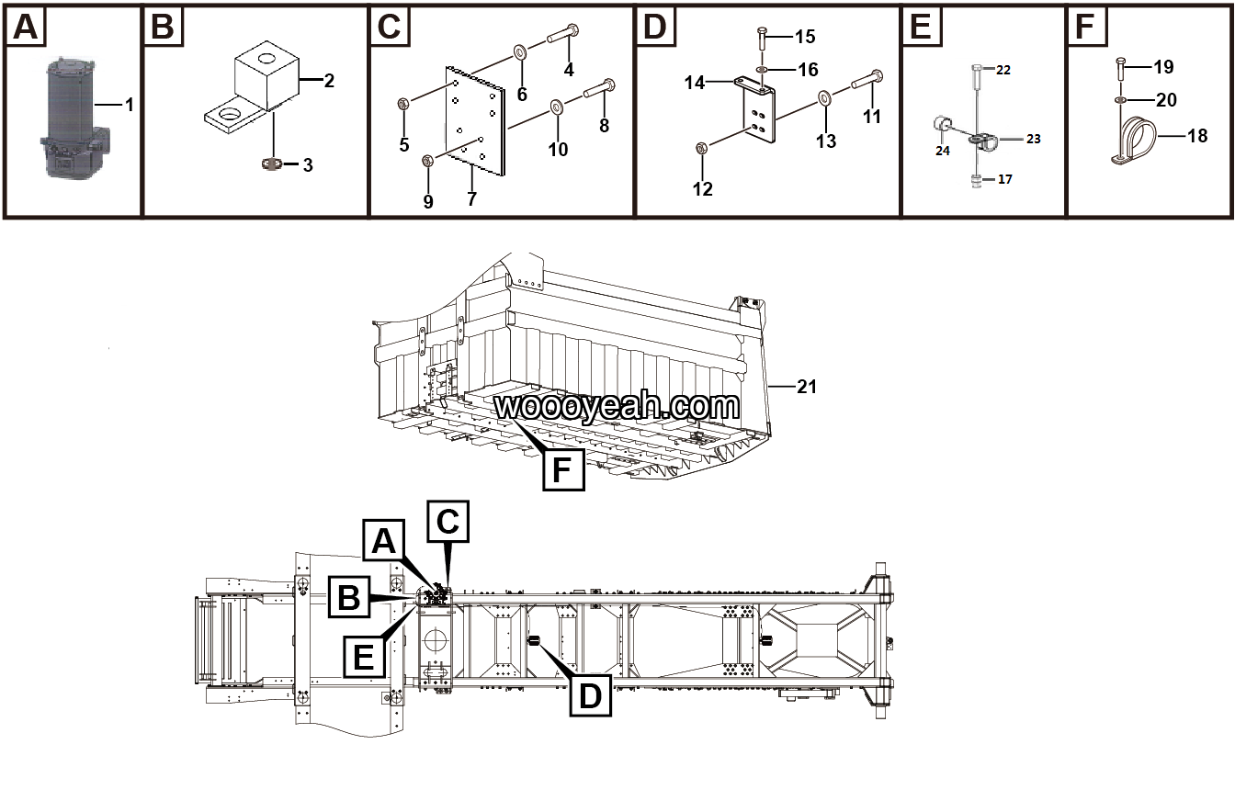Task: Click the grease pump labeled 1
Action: [x=71, y=118]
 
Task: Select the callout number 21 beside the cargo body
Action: [x=806, y=387]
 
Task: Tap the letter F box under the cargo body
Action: [x=562, y=469]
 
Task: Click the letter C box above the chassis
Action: [x=448, y=522]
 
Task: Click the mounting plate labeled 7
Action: [x=476, y=120]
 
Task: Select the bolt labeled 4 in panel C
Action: [x=561, y=36]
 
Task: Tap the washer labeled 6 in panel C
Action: [x=520, y=50]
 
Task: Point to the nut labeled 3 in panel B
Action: [x=269, y=164]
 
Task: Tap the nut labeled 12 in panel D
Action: [x=701, y=148]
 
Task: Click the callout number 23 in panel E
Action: [x=1033, y=139]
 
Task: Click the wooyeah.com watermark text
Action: [x=617, y=405]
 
